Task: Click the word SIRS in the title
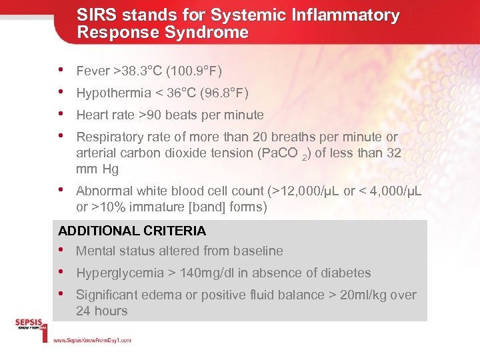coord(94,15)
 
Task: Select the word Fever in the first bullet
coord(93,71)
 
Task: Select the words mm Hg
coord(97,169)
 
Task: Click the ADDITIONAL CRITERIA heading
coord(132,231)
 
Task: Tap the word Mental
coord(95,251)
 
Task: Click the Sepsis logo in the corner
coord(31,326)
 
